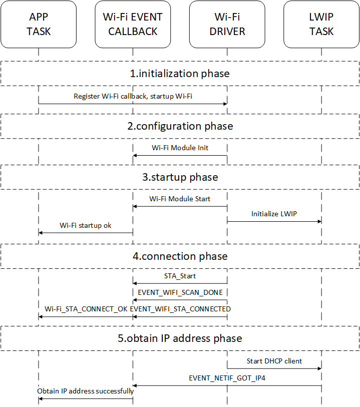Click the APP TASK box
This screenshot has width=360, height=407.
point(39,24)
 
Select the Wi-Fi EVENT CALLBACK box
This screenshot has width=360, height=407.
point(133,24)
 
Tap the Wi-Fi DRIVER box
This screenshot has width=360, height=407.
point(227,24)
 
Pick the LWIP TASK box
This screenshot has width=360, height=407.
point(321,24)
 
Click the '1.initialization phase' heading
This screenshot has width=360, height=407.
point(180,74)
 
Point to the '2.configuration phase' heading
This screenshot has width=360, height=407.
point(180,126)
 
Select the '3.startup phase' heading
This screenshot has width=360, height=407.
point(180,177)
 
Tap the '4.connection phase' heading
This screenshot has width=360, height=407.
point(180,256)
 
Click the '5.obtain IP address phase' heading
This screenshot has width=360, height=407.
point(180,338)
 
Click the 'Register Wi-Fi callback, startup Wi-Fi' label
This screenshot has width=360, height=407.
point(133,96)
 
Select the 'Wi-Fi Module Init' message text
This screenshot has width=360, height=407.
point(180,148)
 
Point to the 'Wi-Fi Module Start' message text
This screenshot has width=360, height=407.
point(180,199)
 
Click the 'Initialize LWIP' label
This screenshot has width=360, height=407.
point(274,214)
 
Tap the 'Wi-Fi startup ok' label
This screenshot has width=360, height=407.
point(86,225)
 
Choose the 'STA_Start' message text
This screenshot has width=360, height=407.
point(180,276)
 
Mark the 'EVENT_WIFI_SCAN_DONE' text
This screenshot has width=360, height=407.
point(180,292)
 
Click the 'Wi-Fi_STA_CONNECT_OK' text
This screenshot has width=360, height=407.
point(86,309)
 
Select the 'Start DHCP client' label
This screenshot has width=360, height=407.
point(274,361)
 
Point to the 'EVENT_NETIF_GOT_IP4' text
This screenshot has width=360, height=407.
point(227,378)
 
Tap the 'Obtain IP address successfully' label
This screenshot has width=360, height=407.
point(86,391)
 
